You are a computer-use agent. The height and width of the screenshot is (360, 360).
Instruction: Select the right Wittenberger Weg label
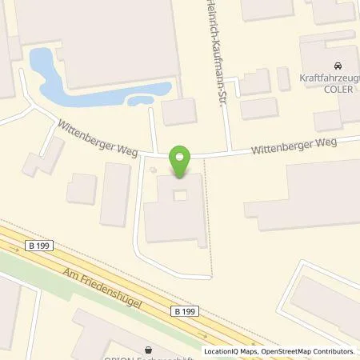click(292, 146)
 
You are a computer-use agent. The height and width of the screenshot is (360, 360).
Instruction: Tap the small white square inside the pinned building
click(180, 195)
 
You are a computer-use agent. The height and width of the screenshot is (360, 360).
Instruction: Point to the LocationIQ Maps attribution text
click(230, 351)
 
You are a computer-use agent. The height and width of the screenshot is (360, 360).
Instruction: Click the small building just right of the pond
click(178, 111)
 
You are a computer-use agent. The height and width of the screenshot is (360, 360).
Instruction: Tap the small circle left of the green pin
click(154, 169)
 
